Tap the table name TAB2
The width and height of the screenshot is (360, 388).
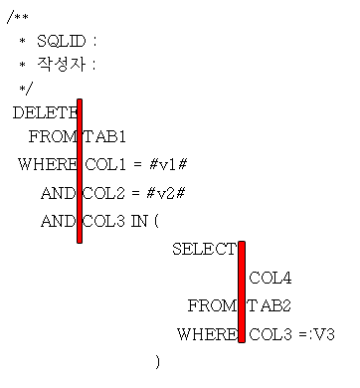click(x=269, y=305)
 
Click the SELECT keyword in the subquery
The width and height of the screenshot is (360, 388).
click(x=204, y=249)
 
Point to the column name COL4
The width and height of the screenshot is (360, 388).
click(x=270, y=278)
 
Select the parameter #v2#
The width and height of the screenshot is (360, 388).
click(x=163, y=193)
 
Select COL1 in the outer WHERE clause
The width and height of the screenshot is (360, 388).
click(x=103, y=165)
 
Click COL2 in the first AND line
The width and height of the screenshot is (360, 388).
click(x=103, y=193)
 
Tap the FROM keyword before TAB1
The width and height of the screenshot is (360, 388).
click(x=53, y=138)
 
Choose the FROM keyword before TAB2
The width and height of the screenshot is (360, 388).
click(x=212, y=305)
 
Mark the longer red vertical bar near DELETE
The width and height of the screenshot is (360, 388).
click(x=80, y=170)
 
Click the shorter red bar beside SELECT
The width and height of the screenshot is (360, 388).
click(x=242, y=291)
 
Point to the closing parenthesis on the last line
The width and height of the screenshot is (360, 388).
click(x=157, y=361)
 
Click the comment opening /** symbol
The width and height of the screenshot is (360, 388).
click(x=15, y=17)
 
